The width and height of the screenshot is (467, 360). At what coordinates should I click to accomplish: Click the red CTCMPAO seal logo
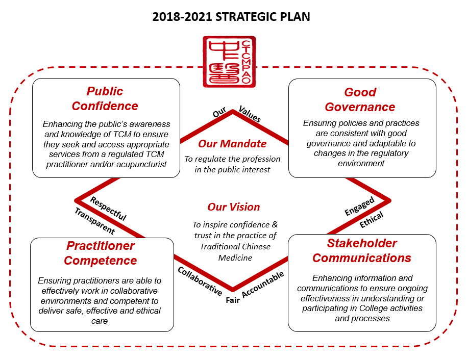pos(229,62)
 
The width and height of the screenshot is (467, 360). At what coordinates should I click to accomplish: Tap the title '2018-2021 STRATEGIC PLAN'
pos(231,17)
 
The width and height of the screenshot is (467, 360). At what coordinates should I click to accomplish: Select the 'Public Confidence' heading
pos(105,98)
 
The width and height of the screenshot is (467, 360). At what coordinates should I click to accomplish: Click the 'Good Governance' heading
pos(360,99)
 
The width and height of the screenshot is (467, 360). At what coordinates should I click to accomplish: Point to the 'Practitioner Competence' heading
pos(101,253)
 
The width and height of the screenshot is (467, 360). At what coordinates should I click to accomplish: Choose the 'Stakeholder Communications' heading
pos(362,250)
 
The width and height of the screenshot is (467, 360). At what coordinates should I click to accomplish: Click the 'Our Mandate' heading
pos(232,144)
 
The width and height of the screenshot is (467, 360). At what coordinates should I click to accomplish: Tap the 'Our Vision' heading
pos(234,207)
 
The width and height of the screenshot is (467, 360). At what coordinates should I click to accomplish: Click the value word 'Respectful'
pos(108,209)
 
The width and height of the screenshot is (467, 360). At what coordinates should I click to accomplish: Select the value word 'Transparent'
pos(95,221)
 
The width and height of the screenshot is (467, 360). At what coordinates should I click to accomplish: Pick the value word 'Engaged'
pos(359,206)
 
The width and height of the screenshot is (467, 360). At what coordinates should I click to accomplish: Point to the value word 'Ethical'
pos(372,220)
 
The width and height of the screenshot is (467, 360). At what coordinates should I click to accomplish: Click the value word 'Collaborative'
pos(200,281)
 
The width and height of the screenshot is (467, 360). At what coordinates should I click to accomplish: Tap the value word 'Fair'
pos(233,300)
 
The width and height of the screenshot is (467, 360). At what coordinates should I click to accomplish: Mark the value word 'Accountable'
pos(263,284)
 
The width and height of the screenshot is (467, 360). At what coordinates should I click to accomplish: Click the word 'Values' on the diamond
pos(250,114)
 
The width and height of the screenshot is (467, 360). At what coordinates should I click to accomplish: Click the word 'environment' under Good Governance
pos(361,163)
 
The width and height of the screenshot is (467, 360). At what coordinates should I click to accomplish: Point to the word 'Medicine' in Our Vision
pos(235,258)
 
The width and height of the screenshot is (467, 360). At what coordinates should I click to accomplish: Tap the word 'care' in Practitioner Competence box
pos(100,321)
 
